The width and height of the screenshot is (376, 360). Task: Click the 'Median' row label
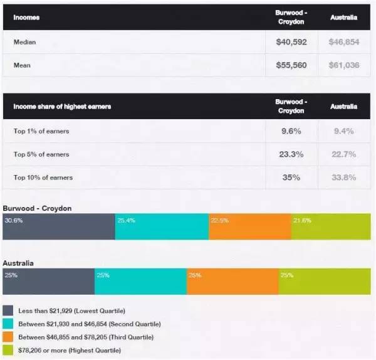coord(24,43)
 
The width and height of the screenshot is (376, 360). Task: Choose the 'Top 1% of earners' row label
coord(41,131)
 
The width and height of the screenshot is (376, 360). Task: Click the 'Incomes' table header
coord(26,18)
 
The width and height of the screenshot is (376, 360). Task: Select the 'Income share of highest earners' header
coord(62,107)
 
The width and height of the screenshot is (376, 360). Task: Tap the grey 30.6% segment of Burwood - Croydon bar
coord(59,226)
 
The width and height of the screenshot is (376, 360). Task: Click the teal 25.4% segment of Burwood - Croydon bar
coord(162,226)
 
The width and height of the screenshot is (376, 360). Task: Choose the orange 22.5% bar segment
coord(249,226)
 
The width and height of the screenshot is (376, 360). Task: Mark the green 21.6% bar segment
coord(330,226)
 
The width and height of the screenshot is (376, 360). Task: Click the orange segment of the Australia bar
coord(232,282)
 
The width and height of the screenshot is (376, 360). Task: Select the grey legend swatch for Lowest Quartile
coord(8,310)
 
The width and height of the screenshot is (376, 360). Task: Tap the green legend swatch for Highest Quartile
coord(8,350)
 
